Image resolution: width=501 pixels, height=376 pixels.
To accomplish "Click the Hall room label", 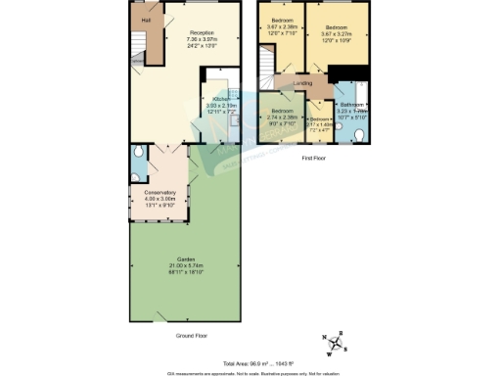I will coord(147,20).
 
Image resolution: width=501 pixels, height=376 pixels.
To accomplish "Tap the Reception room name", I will coord(202,32).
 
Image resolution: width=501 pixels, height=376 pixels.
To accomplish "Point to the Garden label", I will coord(184,258).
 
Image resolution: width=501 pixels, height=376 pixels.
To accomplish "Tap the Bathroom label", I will coord(352,104).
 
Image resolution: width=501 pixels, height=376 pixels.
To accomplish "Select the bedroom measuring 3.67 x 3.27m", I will coord(338,26).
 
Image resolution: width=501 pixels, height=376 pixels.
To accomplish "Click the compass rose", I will coord(335,343).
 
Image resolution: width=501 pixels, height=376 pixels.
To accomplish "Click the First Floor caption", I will coord(314,157).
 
